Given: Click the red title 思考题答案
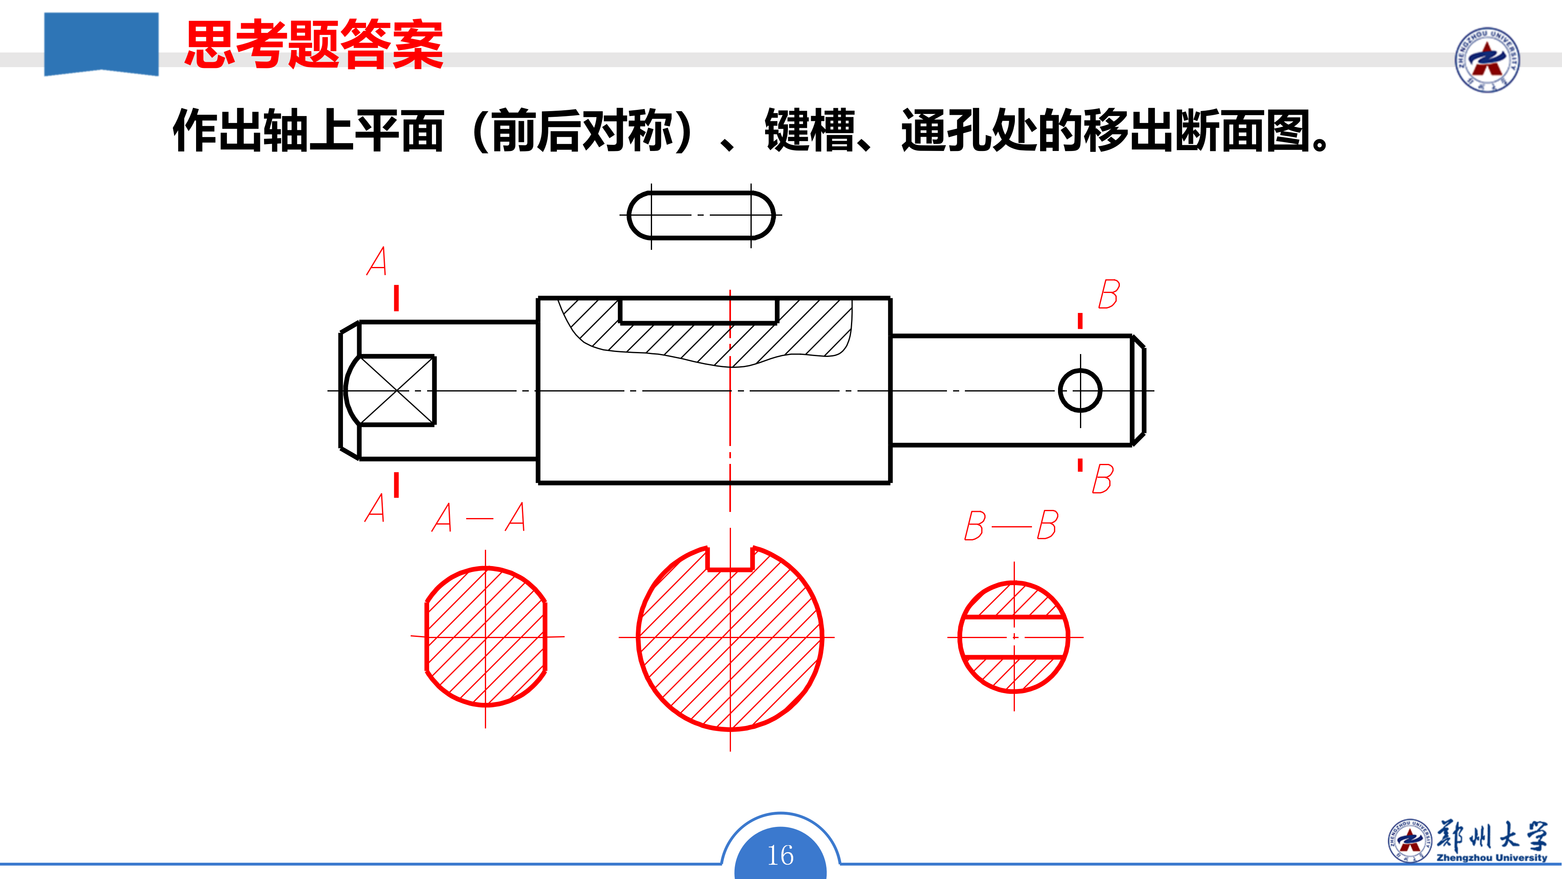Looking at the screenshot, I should click(314, 44).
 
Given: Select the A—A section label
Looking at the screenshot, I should click(478, 518).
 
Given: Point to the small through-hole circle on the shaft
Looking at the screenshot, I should click(1080, 391).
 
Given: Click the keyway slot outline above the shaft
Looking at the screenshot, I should click(701, 215).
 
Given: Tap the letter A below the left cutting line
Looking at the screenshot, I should click(375, 508).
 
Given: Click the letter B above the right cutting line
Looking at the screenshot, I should click(1109, 295).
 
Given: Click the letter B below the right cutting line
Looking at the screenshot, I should click(1102, 479).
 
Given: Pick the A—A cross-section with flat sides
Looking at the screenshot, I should click(486, 637).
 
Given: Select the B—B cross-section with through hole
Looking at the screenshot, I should click(1014, 637).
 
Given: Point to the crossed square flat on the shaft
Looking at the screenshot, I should click(397, 391).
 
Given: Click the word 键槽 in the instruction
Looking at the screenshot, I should click(809, 130).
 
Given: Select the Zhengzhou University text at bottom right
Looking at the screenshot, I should click(1491, 858).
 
